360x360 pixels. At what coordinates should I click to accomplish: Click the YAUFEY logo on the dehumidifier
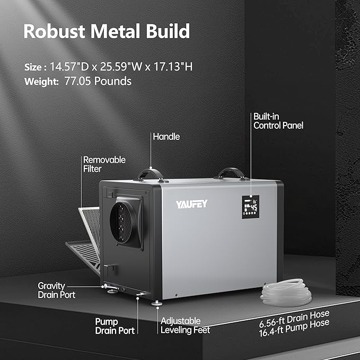click(x=191, y=204)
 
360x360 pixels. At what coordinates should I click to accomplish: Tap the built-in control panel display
click(x=250, y=207)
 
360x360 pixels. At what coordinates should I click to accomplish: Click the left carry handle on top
click(x=150, y=174)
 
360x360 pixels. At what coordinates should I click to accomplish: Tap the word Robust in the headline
click(x=54, y=31)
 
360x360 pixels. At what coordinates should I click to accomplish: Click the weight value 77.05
click(x=77, y=81)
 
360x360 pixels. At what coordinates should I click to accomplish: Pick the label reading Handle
click(x=166, y=137)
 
